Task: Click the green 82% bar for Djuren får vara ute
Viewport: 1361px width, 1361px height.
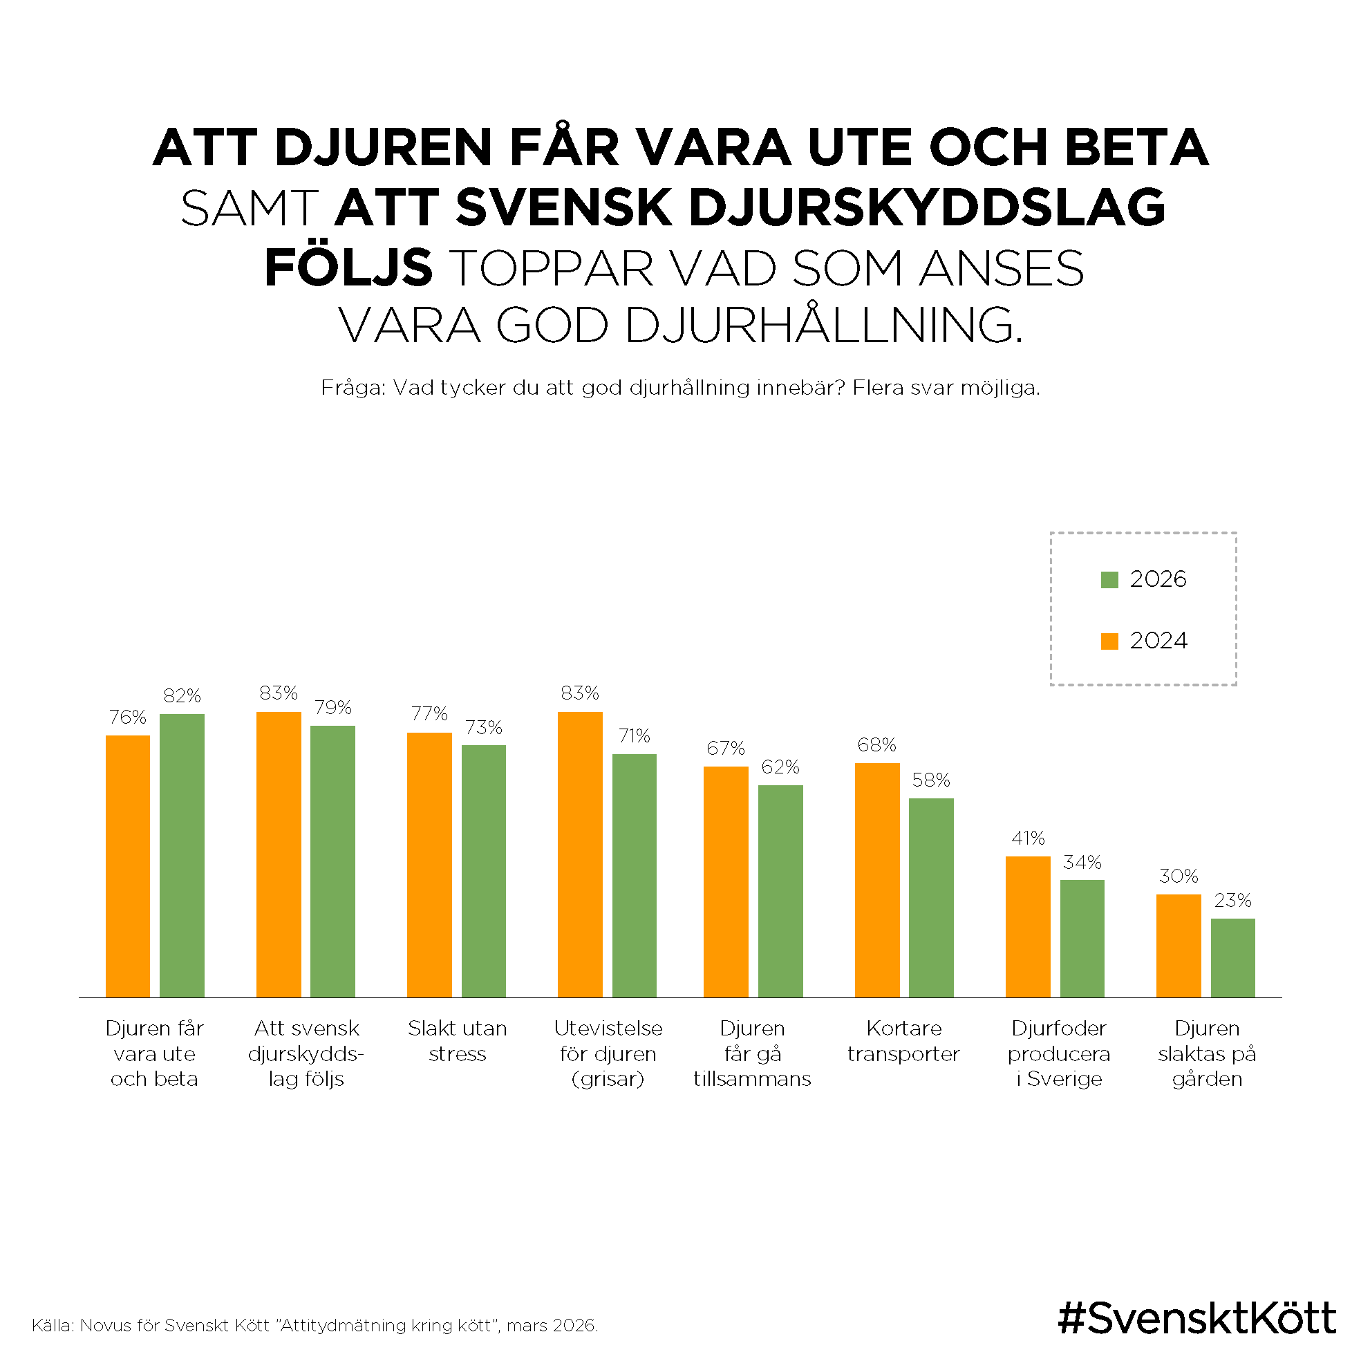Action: coord(182,855)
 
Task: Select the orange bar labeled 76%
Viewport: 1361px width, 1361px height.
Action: coord(127,866)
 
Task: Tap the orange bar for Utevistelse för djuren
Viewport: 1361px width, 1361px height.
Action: coord(580,854)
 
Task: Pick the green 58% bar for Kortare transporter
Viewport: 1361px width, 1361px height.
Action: coord(930,897)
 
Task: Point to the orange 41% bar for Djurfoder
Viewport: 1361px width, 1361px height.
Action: coord(1027,926)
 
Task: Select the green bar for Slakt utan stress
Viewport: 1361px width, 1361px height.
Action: coord(483,871)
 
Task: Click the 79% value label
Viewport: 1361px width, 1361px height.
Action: coord(332,707)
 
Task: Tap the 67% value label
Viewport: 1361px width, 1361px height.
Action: coord(726,748)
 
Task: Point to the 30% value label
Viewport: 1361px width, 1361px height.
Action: coord(1178,876)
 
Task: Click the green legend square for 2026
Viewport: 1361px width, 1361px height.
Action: coord(1109,580)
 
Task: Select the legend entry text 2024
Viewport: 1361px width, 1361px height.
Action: coord(1158,640)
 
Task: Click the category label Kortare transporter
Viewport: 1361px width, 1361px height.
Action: coord(903,1040)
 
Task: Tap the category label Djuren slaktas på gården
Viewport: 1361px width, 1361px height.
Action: coord(1206,1053)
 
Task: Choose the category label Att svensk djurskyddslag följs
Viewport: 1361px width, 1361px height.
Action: coord(306,1053)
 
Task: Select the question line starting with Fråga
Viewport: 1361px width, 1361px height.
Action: coord(679,388)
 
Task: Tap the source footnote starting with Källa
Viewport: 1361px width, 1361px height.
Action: coord(315,1325)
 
